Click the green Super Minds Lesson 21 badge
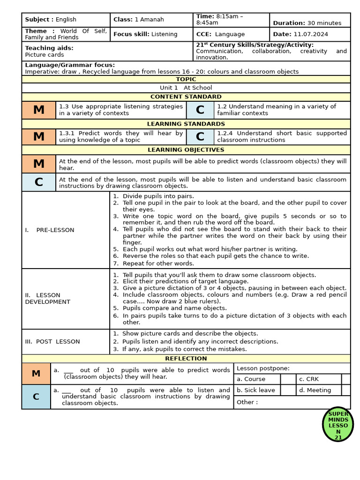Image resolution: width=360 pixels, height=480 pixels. (x=338, y=425)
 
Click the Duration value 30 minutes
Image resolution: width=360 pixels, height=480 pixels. (x=324, y=23)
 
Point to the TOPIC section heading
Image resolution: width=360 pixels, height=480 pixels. (x=186, y=79)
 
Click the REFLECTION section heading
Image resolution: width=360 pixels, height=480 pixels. (x=186, y=359)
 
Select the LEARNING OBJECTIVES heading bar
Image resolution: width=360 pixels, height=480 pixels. (x=186, y=150)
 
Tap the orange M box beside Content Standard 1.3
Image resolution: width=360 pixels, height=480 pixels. (x=39, y=110)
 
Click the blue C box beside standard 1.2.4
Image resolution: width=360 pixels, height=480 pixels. (x=200, y=137)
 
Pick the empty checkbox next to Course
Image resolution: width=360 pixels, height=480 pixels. (x=288, y=379)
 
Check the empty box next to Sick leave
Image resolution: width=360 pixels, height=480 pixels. (x=288, y=390)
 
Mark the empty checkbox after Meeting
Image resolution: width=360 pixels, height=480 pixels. (x=346, y=390)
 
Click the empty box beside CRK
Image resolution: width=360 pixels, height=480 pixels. (x=346, y=379)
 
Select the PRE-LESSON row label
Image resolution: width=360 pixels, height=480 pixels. (x=50, y=230)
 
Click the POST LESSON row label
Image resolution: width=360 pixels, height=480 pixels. (x=52, y=342)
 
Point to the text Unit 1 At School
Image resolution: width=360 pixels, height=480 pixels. (x=186, y=88)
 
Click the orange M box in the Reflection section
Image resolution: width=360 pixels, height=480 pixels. (x=36, y=374)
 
